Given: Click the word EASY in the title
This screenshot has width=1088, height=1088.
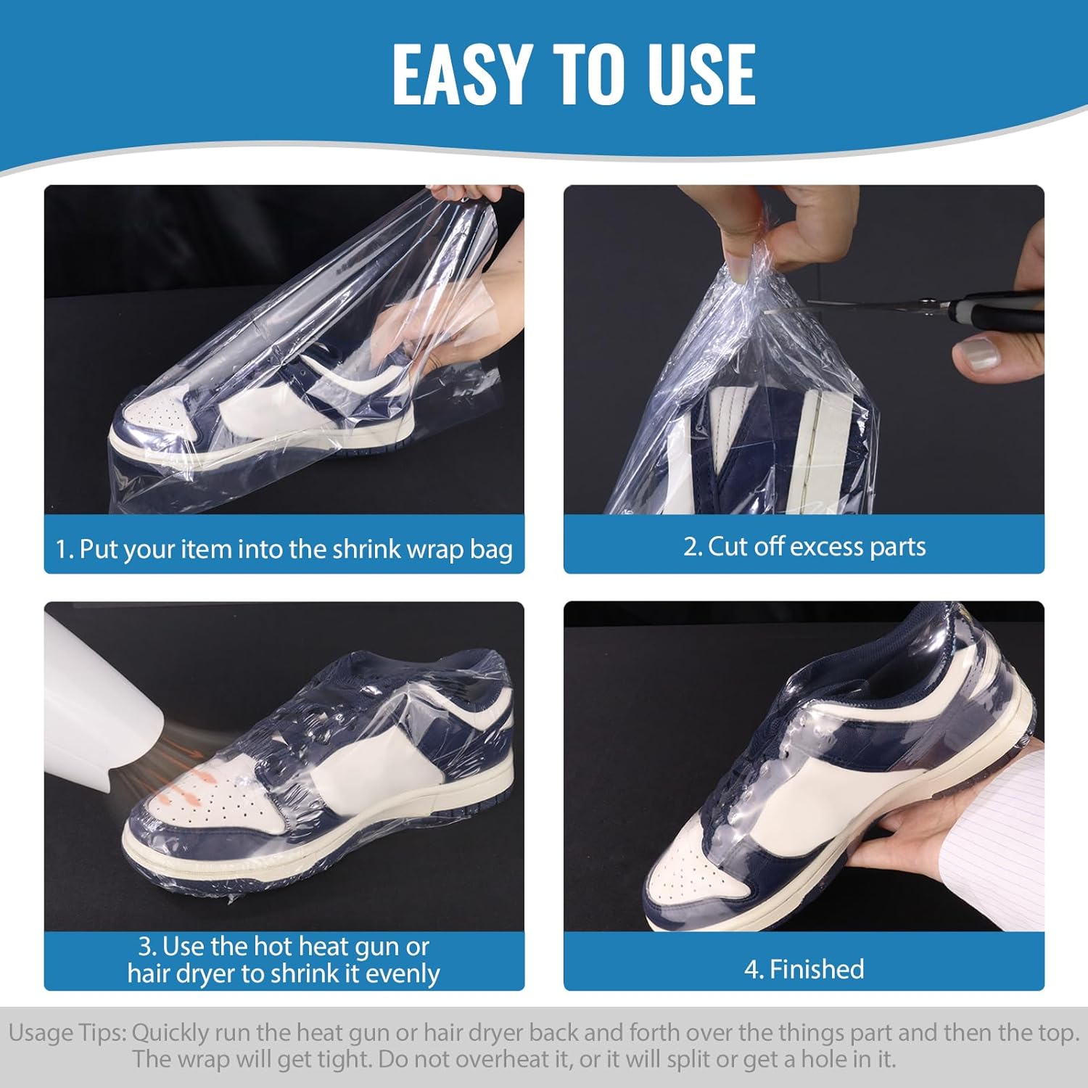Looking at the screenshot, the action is tap(461, 73).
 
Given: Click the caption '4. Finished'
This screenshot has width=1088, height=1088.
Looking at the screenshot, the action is tap(804, 969).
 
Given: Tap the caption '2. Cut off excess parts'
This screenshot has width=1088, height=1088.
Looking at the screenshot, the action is tap(804, 546).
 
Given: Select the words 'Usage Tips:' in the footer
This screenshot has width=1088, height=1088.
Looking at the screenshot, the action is tap(68, 1033).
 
